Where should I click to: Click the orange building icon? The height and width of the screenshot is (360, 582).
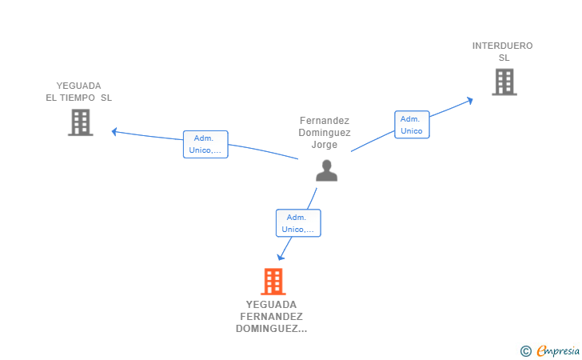point(273,282)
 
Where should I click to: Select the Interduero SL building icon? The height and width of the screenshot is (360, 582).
point(504,82)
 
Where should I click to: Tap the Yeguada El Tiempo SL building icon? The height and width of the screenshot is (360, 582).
point(80,122)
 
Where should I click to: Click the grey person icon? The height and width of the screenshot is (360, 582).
point(325,170)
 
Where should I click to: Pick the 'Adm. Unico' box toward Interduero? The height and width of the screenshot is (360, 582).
point(412,125)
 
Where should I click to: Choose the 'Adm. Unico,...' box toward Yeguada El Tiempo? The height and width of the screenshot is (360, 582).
point(205,144)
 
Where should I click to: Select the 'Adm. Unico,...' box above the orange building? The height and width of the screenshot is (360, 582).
point(298,223)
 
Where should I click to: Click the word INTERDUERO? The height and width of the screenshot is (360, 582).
point(502,46)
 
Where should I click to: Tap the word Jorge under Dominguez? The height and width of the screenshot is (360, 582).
point(325,145)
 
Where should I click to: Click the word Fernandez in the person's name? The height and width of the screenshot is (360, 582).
point(325,121)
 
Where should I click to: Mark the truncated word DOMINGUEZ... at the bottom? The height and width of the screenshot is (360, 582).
point(271,329)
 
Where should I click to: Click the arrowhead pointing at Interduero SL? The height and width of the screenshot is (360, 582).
point(470,100)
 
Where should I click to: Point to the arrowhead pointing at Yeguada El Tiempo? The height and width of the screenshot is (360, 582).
point(115,131)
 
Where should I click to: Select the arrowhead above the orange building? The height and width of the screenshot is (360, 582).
point(281,257)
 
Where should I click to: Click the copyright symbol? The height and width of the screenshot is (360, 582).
point(525,350)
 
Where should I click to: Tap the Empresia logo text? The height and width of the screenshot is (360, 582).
point(558,350)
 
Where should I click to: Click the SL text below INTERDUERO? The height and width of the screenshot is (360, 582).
point(504,58)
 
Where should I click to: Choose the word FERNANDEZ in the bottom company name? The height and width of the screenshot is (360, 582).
point(271,317)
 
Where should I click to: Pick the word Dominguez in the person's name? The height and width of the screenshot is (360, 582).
point(325,133)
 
